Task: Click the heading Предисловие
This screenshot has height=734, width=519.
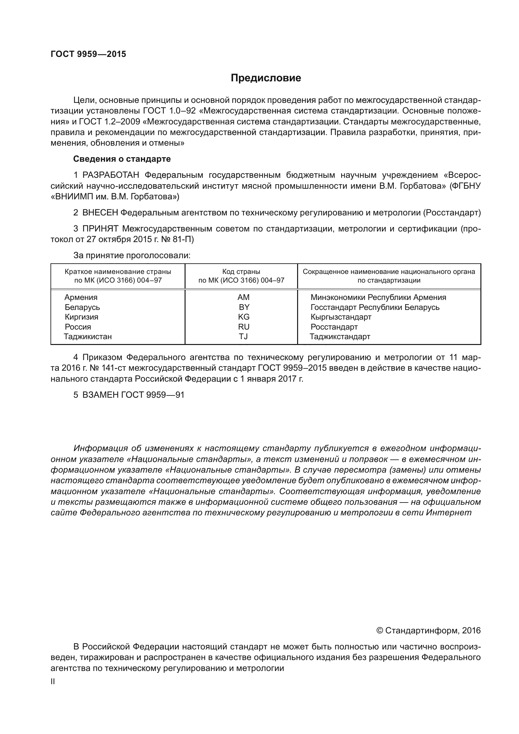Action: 266,78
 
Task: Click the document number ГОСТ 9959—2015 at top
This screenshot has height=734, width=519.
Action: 88,54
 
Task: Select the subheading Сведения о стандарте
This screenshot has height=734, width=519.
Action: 122,159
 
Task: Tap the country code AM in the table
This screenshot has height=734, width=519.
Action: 243,297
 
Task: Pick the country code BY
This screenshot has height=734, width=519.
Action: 244,307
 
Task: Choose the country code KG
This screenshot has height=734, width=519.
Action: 244,317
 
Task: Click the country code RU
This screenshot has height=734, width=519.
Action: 244,327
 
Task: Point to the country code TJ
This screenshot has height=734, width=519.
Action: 243,337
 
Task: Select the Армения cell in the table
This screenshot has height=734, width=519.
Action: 81,297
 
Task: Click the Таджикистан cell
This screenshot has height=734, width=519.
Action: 88,337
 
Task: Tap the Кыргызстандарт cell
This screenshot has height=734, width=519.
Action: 341,317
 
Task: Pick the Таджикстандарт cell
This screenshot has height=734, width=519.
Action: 340,337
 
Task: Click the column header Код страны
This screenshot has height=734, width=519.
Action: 241,272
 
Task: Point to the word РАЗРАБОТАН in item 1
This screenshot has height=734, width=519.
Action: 111,175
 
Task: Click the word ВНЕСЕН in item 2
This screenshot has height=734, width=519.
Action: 100,213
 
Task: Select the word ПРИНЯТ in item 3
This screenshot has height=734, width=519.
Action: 101,229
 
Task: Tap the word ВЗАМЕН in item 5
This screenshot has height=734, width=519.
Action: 100,395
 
